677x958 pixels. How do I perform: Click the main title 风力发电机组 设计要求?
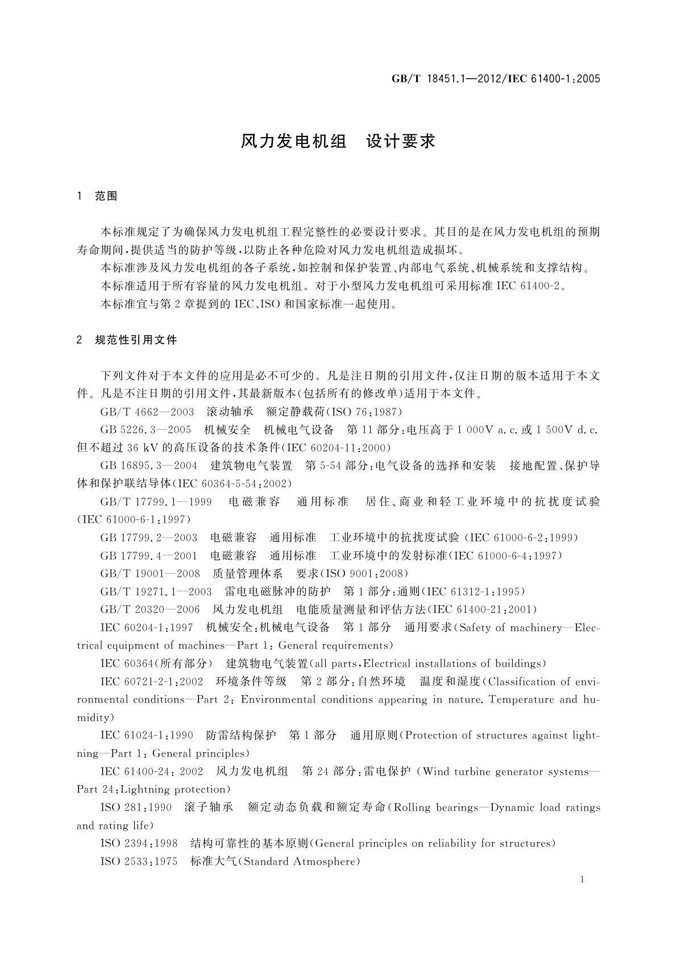click(x=338, y=141)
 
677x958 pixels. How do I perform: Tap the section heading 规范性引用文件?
click(x=136, y=340)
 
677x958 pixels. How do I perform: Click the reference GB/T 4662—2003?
click(x=147, y=412)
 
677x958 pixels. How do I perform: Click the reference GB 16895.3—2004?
click(x=148, y=466)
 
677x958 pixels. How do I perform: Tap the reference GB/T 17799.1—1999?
click(x=156, y=502)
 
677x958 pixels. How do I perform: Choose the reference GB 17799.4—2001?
click(x=148, y=555)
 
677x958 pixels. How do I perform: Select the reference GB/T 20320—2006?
click(x=150, y=609)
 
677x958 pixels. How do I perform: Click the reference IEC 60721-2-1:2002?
click(x=152, y=682)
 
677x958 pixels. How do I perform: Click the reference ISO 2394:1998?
click(x=139, y=843)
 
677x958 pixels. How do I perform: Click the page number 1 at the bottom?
click(x=583, y=879)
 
